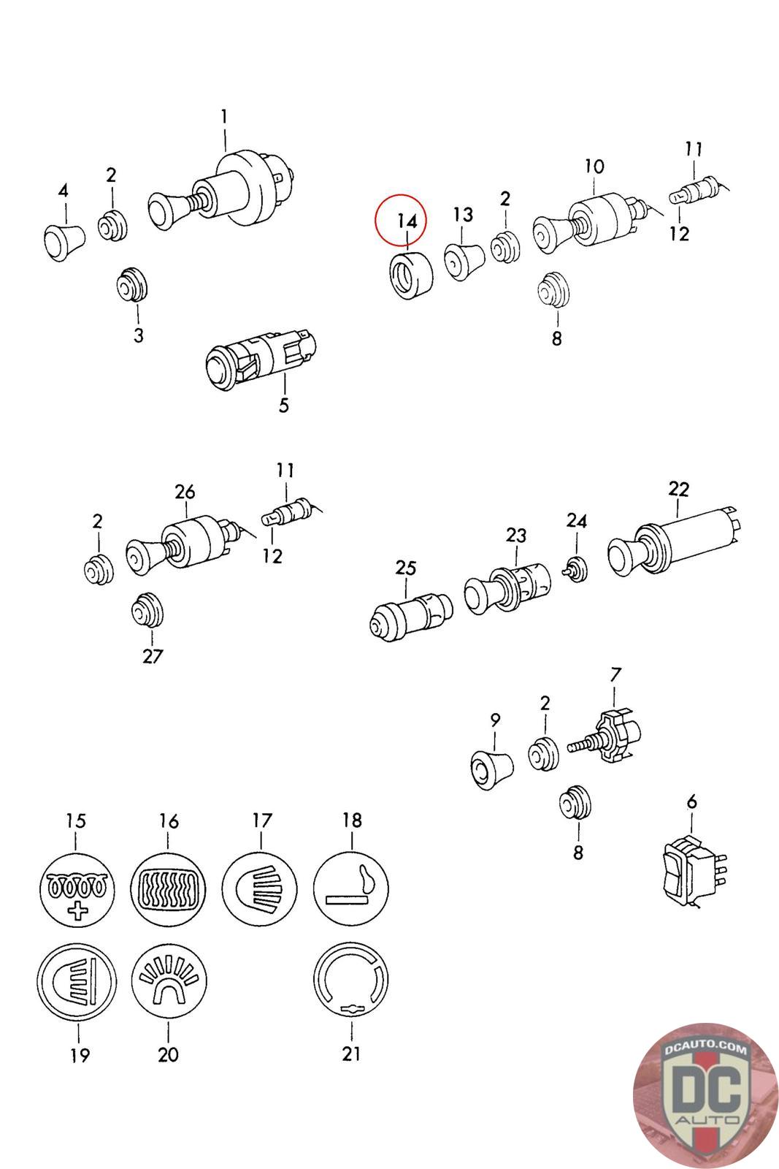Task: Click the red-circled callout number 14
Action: tap(407, 220)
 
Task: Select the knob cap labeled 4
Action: tap(62, 237)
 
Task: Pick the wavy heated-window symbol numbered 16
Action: tap(168, 888)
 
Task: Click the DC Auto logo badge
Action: tap(705, 1094)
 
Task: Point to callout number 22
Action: tap(678, 489)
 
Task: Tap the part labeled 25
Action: tap(410, 612)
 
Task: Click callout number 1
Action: tap(224, 116)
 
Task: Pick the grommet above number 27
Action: tap(148, 610)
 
